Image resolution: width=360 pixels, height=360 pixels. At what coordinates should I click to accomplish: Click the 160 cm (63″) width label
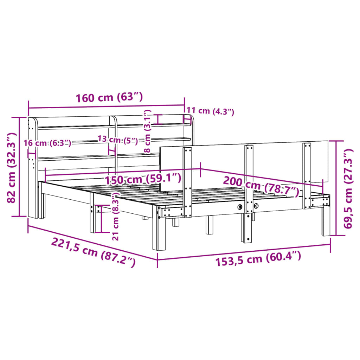point(109,97)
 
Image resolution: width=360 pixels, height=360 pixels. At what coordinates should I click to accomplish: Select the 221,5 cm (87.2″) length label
point(93,252)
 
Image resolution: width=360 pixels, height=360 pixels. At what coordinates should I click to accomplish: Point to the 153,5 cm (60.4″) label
point(258,258)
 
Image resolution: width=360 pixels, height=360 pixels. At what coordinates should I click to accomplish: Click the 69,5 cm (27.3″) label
point(348,189)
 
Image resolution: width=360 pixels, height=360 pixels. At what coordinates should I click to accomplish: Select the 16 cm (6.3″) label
point(47,143)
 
